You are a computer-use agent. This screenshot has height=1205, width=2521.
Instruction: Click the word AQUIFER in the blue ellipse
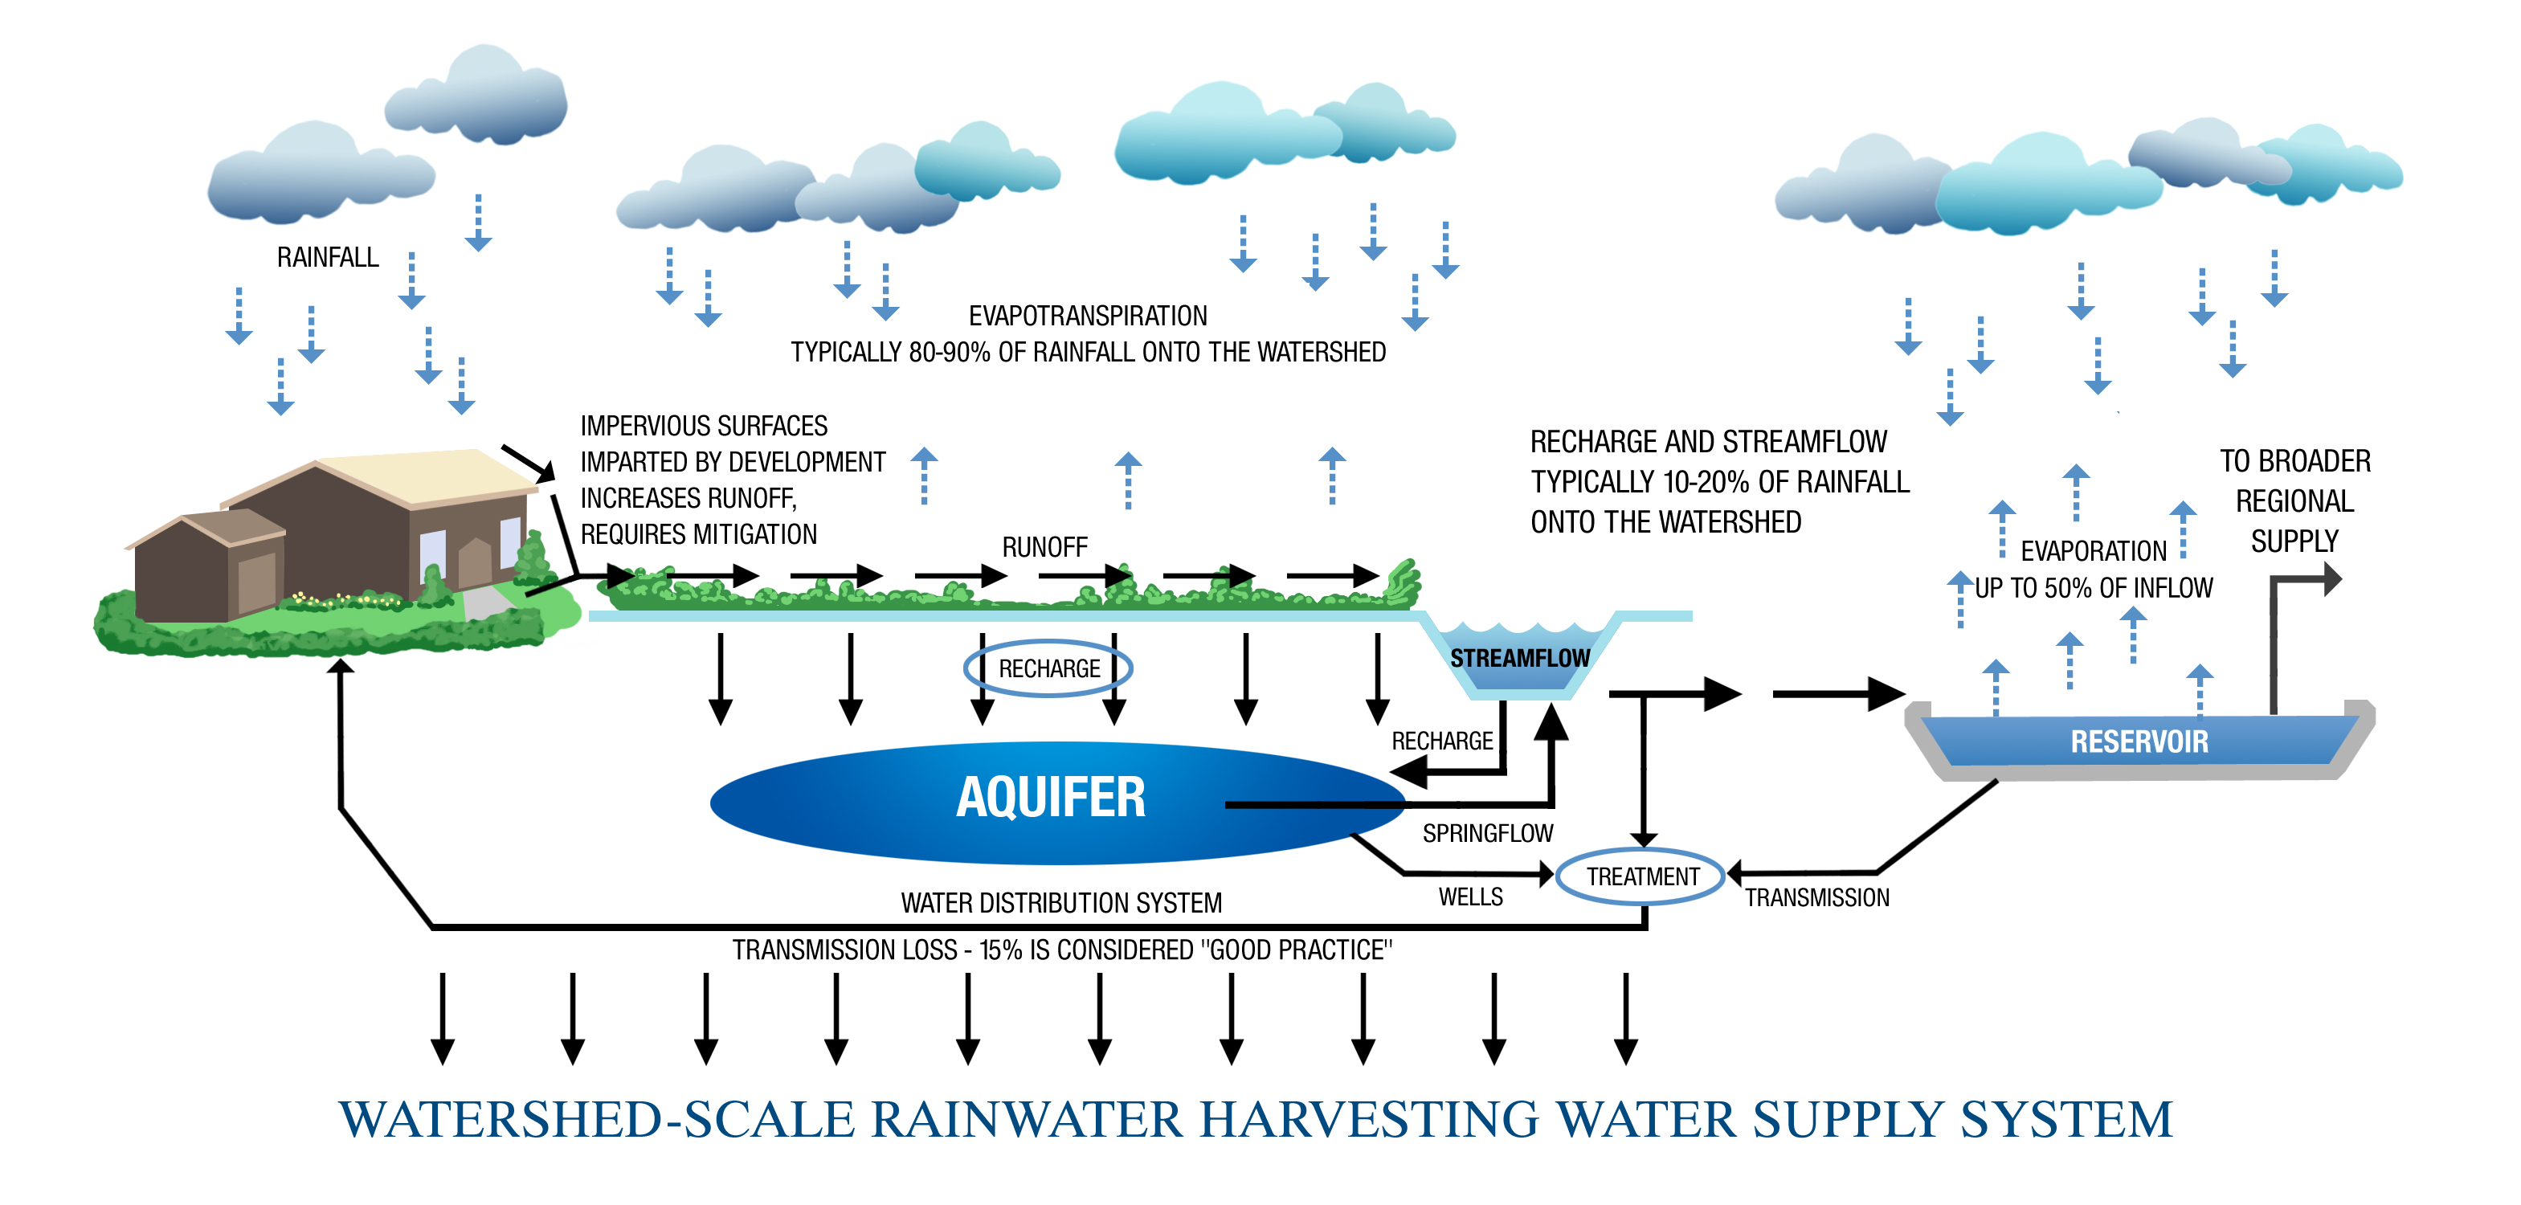pyautogui.click(x=1050, y=797)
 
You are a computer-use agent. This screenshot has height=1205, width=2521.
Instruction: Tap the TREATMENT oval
pyautogui.click(x=1642, y=876)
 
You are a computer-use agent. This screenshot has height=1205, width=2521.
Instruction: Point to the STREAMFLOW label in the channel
pyautogui.click(x=1520, y=659)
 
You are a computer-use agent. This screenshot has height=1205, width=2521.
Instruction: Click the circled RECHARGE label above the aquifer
pyautogui.click(x=1048, y=668)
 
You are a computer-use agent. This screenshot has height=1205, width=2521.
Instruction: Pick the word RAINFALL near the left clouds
pyautogui.click(x=327, y=257)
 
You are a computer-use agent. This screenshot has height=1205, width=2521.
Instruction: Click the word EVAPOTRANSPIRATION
pyautogui.click(x=1087, y=317)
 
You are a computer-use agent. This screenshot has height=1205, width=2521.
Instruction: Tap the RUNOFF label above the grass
pyautogui.click(x=1044, y=547)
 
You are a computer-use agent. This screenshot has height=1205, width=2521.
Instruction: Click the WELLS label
pyautogui.click(x=1470, y=897)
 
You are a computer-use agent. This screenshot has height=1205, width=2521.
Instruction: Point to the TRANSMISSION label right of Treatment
pyautogui.click(x=1816, y=897)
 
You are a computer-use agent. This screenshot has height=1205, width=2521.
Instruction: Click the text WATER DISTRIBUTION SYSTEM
pyautogui.click(x=1060, y=902)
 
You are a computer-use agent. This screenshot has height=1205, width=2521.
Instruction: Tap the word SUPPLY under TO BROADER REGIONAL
pyautogui.click(x=2294, y=541)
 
